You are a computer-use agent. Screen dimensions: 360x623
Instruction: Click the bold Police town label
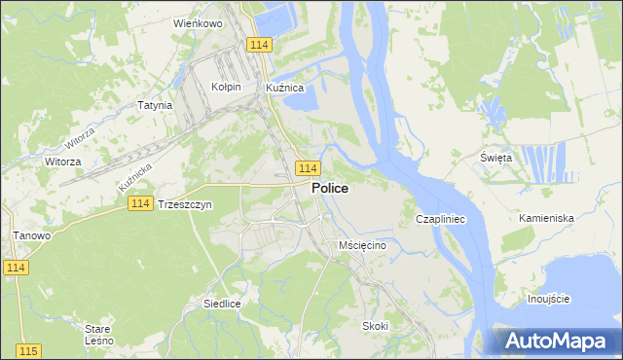(330, 189)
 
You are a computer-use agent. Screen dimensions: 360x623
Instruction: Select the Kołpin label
(226, 87)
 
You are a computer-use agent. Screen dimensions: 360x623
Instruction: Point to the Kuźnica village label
(285, 87)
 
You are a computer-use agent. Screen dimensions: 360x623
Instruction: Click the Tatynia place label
(155, 105)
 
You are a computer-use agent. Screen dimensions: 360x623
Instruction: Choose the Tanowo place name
(31, 235)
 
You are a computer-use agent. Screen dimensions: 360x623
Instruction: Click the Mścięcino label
(363, 245)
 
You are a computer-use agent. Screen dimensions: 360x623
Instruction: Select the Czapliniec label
(441, 220)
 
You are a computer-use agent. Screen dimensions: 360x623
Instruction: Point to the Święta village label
(496, 158)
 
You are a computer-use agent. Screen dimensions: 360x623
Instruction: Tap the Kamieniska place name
(546, 218)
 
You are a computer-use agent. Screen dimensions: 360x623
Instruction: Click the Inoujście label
(548, 298)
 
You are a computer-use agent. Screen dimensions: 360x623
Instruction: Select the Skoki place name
(376, 326)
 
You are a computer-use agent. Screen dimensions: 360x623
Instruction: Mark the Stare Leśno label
(98, 335)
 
